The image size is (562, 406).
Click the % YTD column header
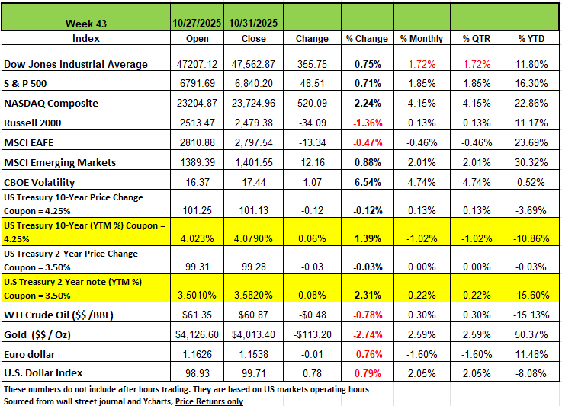pos(531,38)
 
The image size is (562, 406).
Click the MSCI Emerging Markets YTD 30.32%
pos(531,162)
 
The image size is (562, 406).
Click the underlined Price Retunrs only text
pos(209,401)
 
